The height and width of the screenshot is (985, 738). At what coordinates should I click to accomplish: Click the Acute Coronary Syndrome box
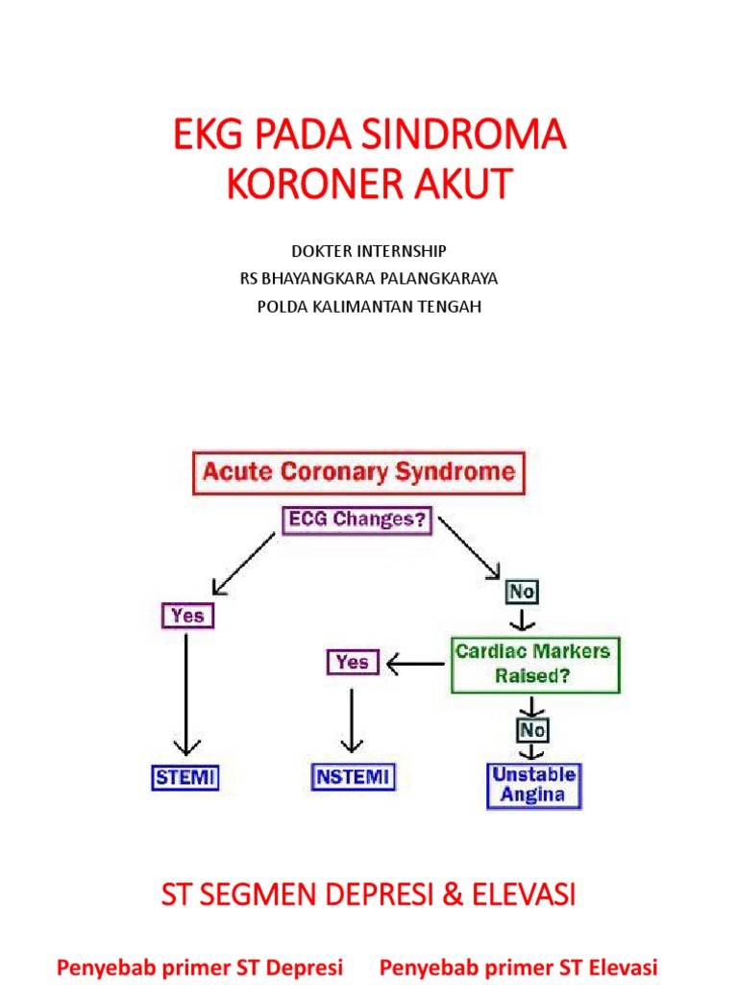(358, 473)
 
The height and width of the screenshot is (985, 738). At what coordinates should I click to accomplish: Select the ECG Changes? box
(357, 521)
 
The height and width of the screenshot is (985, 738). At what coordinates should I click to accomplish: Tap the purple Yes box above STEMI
(186, 615)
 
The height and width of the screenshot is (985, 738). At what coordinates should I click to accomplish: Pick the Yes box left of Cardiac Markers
(353, 662)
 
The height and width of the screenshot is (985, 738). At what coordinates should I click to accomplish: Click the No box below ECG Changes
(522, 592)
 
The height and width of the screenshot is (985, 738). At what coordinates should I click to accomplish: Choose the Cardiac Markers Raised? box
(532, 663)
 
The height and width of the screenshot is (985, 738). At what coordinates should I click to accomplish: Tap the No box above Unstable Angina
(532, 730)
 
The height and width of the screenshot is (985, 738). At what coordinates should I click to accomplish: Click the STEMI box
(185, 776)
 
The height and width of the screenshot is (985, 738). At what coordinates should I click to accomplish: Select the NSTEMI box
(354, 776)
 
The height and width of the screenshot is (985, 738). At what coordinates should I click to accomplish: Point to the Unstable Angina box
(534, 785)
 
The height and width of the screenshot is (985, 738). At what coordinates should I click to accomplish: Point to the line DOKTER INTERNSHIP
(369, 251)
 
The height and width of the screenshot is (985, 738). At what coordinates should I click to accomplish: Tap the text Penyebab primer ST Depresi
(200, 966)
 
